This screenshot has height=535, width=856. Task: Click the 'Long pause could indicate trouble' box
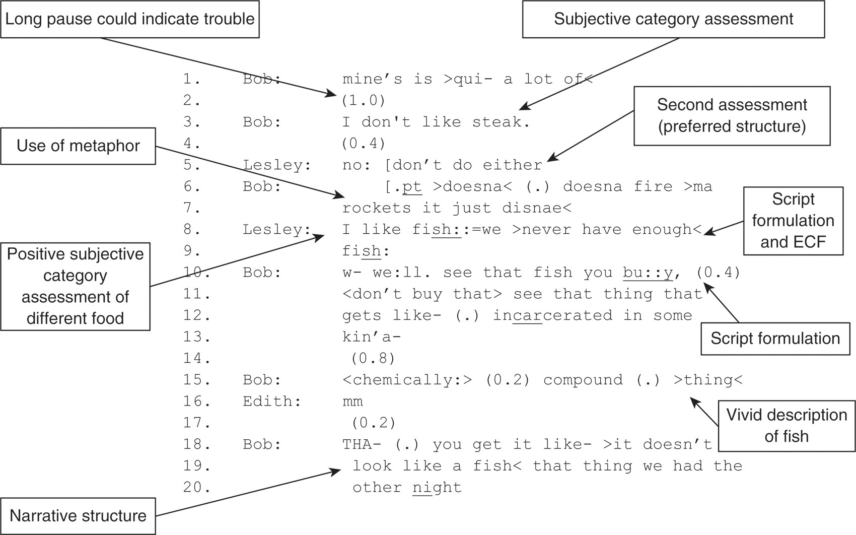pyautogui.click(x=130, y=19)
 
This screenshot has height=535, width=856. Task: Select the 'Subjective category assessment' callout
pyautogui.click(x=673, y=19)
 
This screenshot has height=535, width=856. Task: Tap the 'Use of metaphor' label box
pyautogui.click(x=78, y=146)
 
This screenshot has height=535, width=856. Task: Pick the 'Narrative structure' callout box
pyautogui.click(x=78, y=516)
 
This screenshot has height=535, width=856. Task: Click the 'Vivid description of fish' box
pyautogui.click(x=787, y=425)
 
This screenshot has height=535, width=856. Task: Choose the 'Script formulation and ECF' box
pyautogui.click(x=793, y=221)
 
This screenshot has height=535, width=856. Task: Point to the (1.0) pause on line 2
pyautogui.click(x=364, y=101)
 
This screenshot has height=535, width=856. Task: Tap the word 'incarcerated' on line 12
pyautogui.click(x=552, y=316)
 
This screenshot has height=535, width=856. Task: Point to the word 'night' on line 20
pyautogui.click(x=437, y=488)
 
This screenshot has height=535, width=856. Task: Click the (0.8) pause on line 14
pyautogui.click(x=373, y=359)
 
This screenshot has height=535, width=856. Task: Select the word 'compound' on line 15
pyautogui.click(x=583, y=380)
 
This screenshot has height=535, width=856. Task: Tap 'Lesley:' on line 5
pyautogui.click(x=277, y=165)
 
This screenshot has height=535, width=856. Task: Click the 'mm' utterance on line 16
pyautogui.click(x=352, y=402)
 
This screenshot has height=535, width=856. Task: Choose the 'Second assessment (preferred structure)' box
pyautogui.click(x=732, y=116)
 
